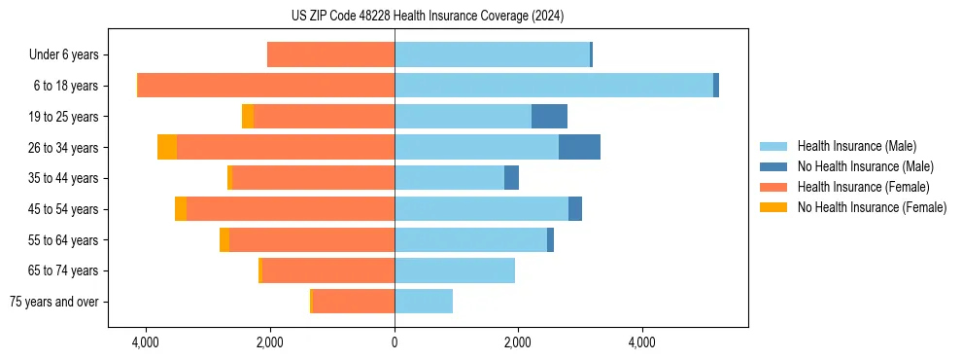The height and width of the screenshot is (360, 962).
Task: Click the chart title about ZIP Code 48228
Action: tap(427, 16)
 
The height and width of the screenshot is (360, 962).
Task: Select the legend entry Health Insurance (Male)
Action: tap(856, 146)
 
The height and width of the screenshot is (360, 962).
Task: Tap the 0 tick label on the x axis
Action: tap(395, 342)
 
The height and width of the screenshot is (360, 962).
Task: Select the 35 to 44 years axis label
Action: tap(64, 178)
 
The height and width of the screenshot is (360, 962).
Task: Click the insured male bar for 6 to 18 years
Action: tap(554, 86)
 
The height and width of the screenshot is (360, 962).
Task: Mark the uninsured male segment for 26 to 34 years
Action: tap(579, 147)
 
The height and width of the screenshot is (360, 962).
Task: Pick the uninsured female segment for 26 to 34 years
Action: tap(167, 147)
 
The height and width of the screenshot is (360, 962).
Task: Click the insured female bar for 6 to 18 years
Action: tap(266, 86)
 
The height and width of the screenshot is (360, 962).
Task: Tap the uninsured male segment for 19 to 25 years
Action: tap(549, 117)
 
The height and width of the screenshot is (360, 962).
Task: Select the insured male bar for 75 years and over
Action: tap(424, 302)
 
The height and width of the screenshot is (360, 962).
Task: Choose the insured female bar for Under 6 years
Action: tap(330, 55)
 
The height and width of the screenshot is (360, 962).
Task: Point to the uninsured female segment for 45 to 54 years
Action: tap(181, 209)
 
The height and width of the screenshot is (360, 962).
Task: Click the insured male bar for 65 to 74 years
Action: tap(455, 270)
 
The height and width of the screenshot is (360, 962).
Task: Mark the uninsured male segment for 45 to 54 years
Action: tap(575, 209)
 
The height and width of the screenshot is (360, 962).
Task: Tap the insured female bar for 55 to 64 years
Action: tap(312, 240)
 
